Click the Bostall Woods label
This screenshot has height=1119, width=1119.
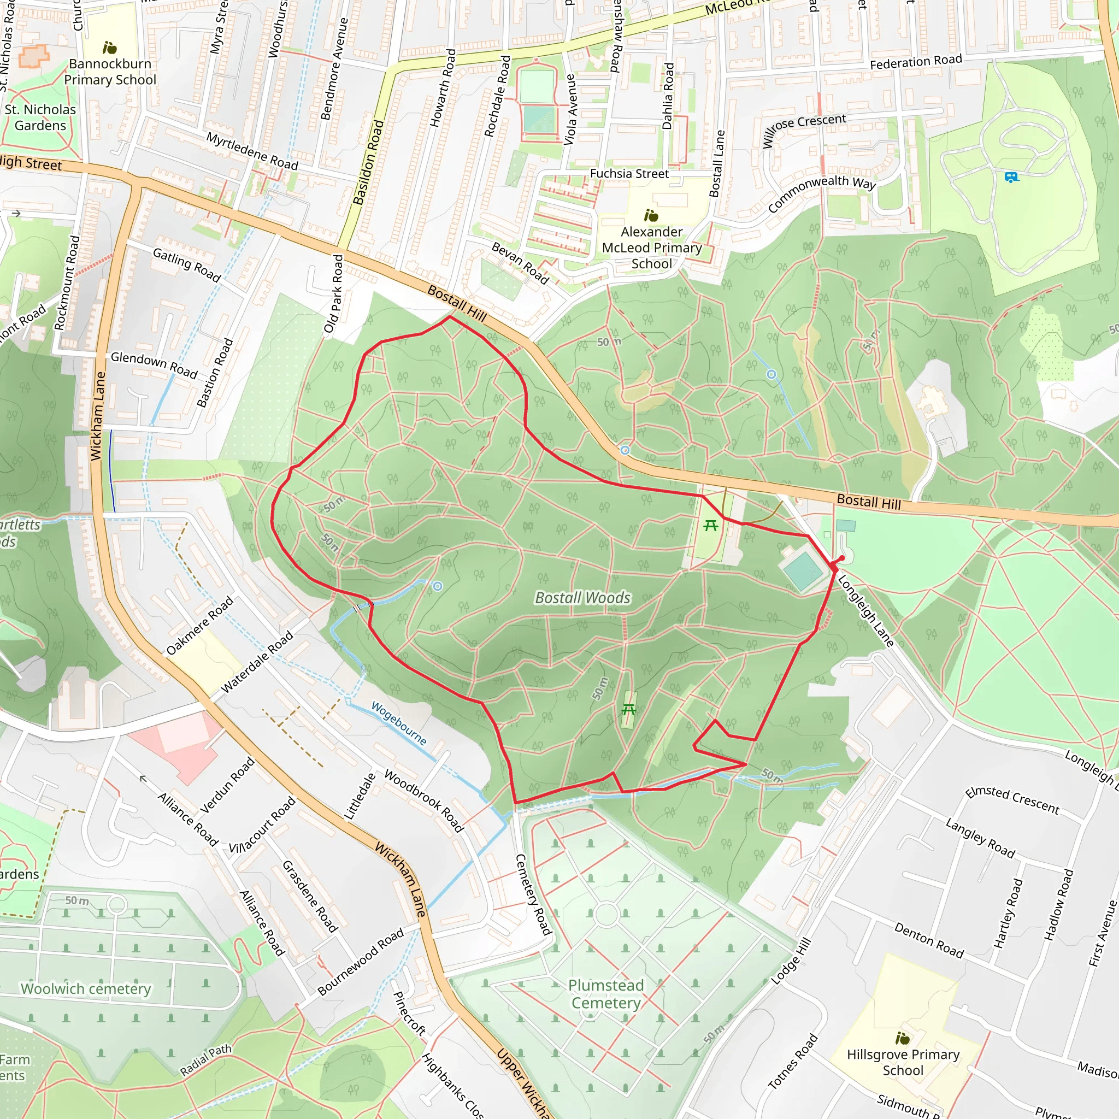click(x=582, y=598)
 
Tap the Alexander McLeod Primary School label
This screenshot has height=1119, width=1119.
click(x=652, y=248)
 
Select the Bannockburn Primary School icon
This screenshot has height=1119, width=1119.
click(x=109, y=48)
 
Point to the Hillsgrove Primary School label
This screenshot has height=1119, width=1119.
click(x=903, y=1062)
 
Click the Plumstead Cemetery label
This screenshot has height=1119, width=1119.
click(x=606, y=994)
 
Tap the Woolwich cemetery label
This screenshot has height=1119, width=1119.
click(x=86, y=988)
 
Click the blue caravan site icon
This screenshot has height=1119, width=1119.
click(x=1011, y=177)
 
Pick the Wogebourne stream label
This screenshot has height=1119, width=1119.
click(x=398, y=723)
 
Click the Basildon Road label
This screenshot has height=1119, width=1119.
click(x=368, y=163)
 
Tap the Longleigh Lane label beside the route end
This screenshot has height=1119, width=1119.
click(x=866, y=610)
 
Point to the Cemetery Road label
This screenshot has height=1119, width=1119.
click(x=533, y=894)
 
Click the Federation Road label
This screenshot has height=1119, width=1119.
click(x=916, y=61)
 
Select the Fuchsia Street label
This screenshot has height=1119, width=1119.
click(x=629, y=174)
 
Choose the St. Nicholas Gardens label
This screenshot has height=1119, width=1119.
click(x=40, y=117)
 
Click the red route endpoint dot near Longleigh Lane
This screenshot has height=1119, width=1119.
click(x=841, y=558)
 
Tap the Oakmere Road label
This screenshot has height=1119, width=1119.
click(x=200, y=626)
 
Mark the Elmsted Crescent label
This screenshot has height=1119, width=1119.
click(x=1012, y=801)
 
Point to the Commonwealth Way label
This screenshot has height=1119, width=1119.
click(x=821, y=193)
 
